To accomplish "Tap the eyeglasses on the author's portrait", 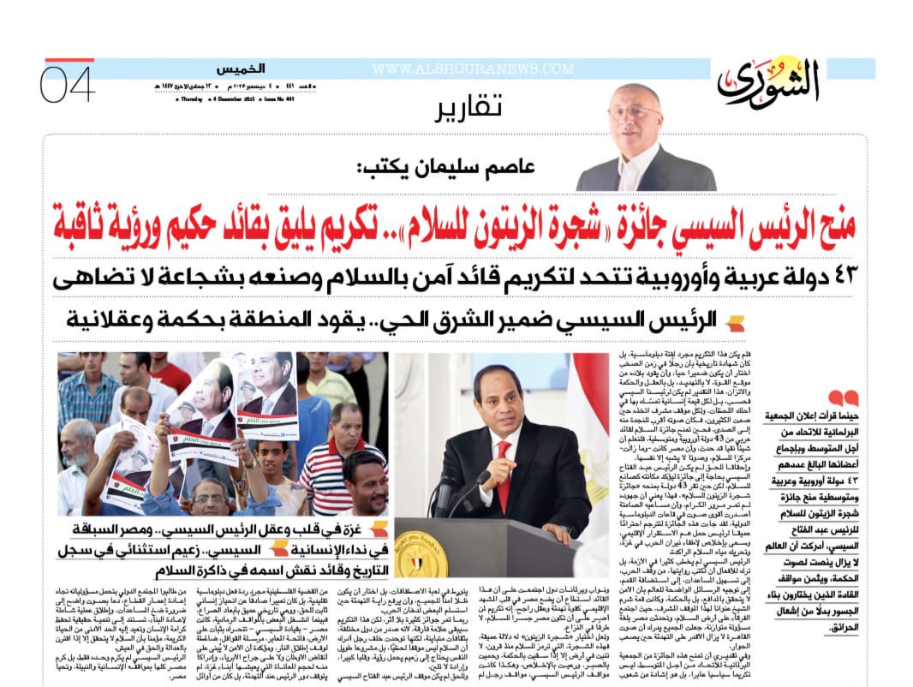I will point(635,111).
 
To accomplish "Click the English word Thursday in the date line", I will point(191,99).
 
